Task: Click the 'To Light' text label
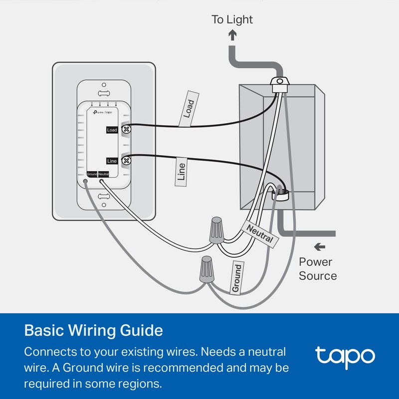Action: [232, 20]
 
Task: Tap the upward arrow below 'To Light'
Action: [232, 35]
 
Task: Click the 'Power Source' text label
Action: [318, 269]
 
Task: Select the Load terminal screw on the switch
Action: [126, 129]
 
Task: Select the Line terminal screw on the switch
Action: [126, 161]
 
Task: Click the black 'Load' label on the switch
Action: [112, 130]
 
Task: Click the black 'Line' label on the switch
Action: [112, 161]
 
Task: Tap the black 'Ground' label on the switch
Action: [92, 174]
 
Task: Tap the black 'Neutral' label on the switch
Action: [104, 174]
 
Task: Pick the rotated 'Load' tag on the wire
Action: [188, 109]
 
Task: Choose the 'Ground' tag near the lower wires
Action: [237, 278]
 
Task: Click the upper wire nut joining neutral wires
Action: [216, 230]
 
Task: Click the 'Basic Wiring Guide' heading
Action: [93, 331]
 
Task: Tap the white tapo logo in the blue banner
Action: [345, 356]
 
